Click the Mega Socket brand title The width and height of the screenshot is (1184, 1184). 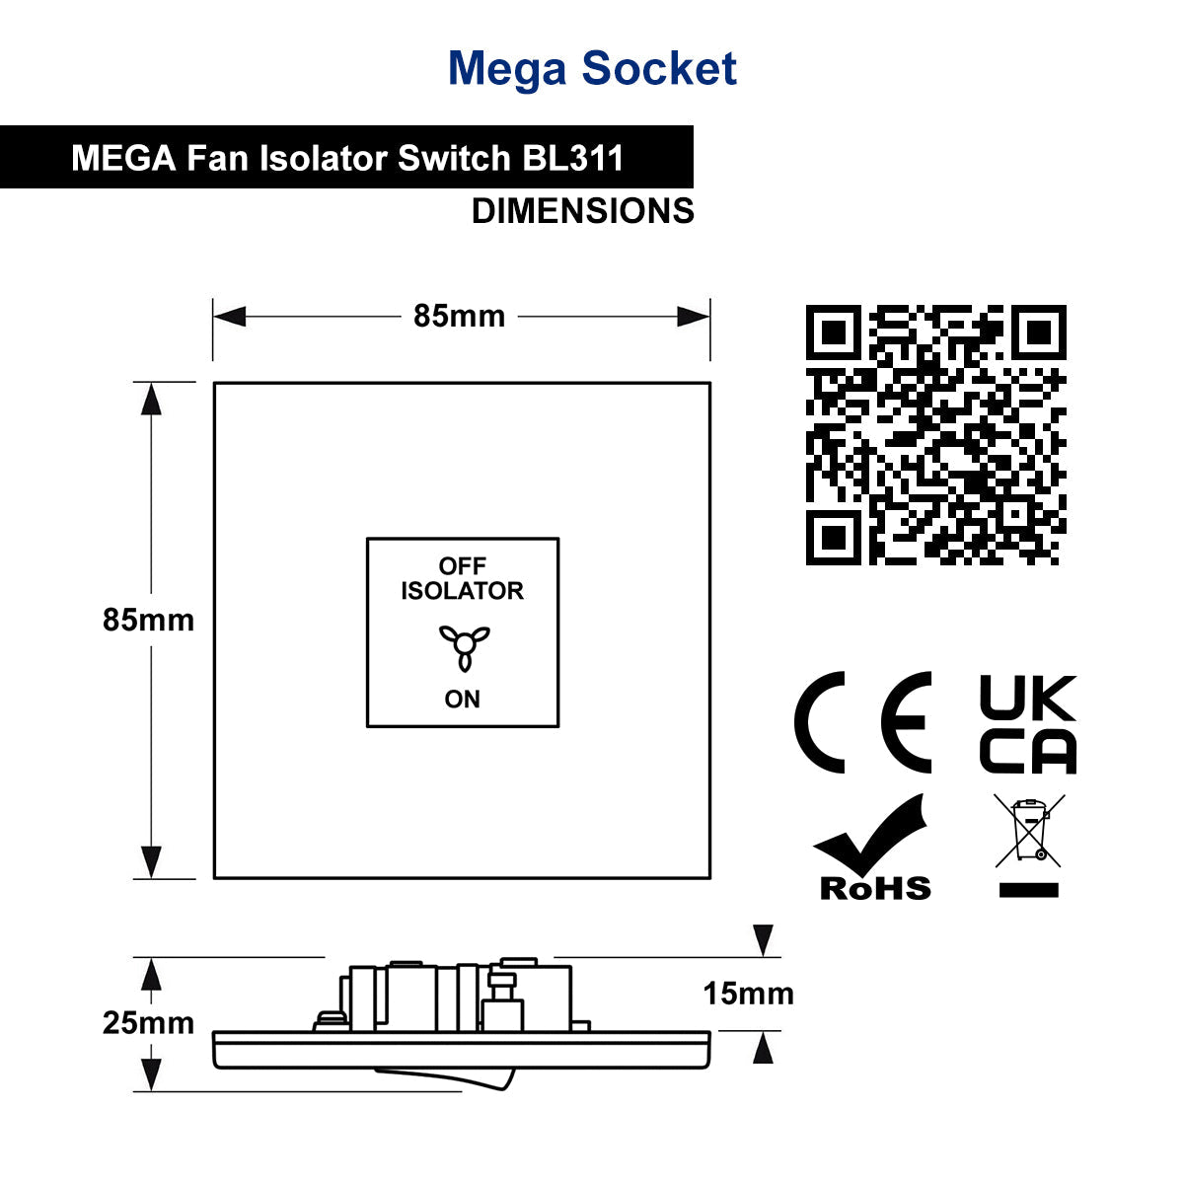coord(592,68)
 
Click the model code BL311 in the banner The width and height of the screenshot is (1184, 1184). coord(573,158)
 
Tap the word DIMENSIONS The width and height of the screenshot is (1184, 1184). coord(582,211)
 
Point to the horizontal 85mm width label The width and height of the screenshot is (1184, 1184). coord(459,316)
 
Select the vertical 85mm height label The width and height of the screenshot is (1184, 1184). coord(148,620)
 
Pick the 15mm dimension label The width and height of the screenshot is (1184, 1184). coord(748,993)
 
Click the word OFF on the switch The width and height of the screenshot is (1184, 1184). coord(462,565)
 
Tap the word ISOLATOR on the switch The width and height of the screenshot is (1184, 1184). coord(462,590)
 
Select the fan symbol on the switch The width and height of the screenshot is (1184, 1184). coord(465,645)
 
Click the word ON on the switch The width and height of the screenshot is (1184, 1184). coord(462,700)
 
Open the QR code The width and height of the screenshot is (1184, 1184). coord(935,434)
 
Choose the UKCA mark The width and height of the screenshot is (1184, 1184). coord(1028,724)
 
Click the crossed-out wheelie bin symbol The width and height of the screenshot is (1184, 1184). coord(1028,846)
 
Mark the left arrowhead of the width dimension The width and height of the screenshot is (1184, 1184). coord(229,317)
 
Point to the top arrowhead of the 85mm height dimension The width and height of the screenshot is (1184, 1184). coord(151,399)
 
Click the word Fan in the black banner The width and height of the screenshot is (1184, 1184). coord(217,158)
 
